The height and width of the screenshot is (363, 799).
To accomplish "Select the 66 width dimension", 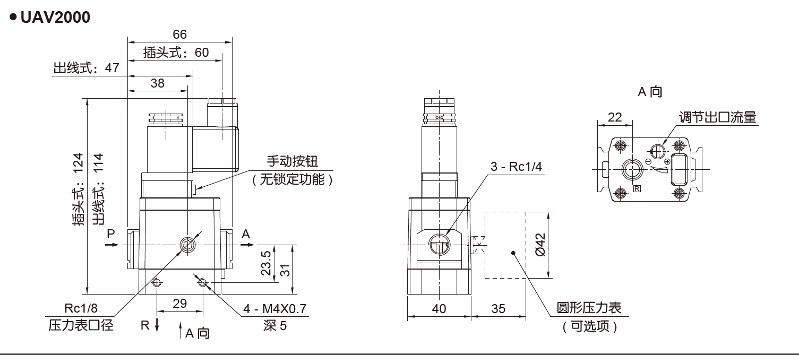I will pos(180,34).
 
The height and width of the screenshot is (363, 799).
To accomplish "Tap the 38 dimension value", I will pos(158,83).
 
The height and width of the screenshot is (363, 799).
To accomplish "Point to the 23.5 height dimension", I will pos(267,263).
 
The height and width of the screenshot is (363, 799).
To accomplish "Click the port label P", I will pos(110,234).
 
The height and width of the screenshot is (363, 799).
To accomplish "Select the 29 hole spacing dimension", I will pos(180,304).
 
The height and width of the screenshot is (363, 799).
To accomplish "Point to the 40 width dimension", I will pos(439,309).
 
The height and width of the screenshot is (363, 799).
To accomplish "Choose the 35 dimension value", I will pos(498,309).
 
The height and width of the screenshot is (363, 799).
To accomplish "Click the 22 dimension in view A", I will pos(615,118).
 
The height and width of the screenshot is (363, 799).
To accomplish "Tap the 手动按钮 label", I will pos(292,161).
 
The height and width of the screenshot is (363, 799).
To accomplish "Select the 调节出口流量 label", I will pos(717,117).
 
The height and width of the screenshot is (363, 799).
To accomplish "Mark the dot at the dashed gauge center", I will pos(513,253).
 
